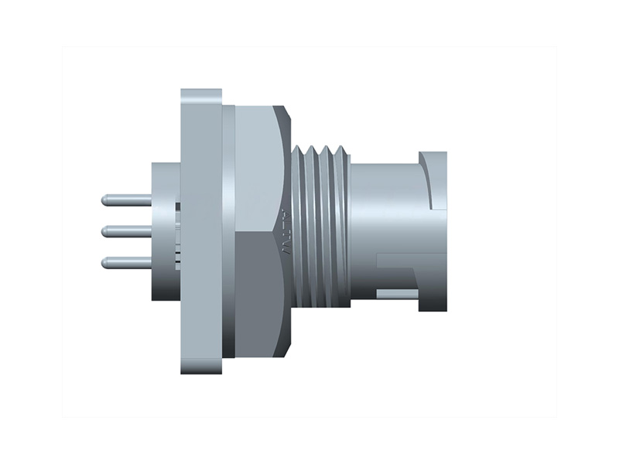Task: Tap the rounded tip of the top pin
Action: pos(104,200)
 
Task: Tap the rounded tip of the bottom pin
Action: pos(104,262)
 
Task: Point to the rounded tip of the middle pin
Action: pos(104,230)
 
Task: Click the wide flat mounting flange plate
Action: pos(201,232)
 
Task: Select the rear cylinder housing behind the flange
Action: pos(164,232)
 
